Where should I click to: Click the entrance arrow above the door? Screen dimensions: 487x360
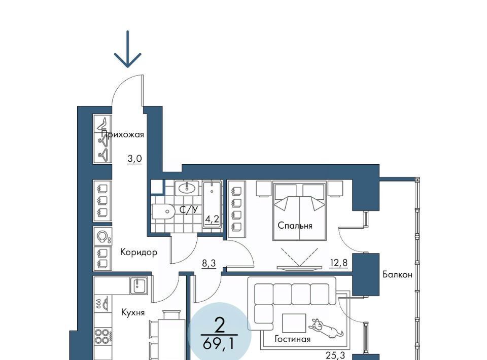(128, 49)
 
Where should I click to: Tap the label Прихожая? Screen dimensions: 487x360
(123, 135)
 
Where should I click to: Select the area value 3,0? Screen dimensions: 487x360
(134, 159)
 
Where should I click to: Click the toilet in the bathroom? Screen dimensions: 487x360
(162, 211)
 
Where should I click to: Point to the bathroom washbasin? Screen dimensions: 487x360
(187, 188)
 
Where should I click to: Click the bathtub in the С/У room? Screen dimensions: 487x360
(212, 205)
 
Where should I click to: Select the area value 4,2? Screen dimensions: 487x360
(212, 220)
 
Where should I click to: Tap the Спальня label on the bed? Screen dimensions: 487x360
(295, 226)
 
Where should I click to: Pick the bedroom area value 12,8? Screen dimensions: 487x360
(338, 263)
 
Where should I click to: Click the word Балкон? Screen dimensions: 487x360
(397, 274)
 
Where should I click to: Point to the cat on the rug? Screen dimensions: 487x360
(326, 329)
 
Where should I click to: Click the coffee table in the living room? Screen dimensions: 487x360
(294, 323)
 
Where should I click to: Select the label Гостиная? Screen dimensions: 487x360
(292, 339)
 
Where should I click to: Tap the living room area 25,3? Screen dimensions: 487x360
(335, 355)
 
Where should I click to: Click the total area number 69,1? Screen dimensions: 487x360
(218, 344)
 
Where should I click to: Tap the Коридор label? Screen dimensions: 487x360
(138, 253)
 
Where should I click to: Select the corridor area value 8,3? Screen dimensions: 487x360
(208, 264)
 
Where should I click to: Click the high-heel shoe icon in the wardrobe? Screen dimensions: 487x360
(103, 124)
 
